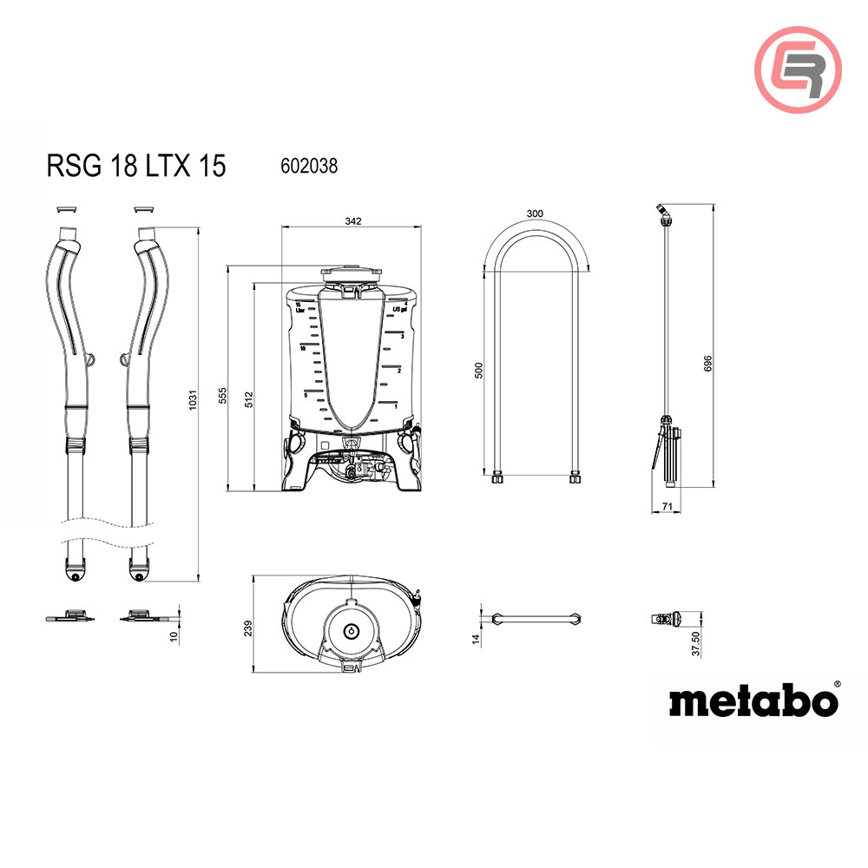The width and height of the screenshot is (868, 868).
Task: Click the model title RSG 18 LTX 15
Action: click(x=135, y=166)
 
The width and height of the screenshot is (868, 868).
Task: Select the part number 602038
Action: click(x=309, y=165)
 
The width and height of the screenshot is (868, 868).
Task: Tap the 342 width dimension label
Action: click(x=352, y=221)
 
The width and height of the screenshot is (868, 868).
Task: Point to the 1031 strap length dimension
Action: click(x=194, y=398)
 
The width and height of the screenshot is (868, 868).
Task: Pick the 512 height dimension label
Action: click(x=250, y=398)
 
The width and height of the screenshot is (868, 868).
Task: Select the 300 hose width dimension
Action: click(x=535, y=214)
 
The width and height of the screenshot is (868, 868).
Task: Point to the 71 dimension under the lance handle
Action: click(x=667, y=504)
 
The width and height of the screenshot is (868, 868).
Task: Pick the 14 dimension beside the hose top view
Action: click(x=477, y=640)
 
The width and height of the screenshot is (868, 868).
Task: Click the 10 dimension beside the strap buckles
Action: click(x=174, y=636)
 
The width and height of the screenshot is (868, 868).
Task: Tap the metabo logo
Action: click(x=753, y=700)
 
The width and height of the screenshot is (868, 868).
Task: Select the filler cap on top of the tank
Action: click(x=352, y=273)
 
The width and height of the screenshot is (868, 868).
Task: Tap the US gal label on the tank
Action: click(x=399, y=309)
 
